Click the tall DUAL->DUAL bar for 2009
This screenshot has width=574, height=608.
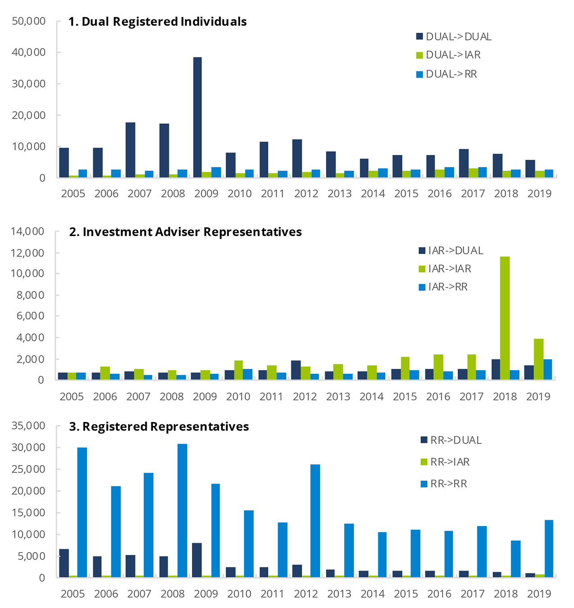pyautogui.click(x=197, y=117)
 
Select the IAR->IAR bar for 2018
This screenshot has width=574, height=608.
pyautogui.click(x=505, y=318)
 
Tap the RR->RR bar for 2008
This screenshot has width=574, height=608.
pyautogui.click(x=182, y=510)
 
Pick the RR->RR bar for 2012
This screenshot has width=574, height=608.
pyautogui.click(x=315, y=521)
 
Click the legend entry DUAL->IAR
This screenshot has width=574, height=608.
pyautogui.click(x=453, y=55)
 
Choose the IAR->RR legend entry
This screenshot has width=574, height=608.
pyautogui.click(x=447, y=287)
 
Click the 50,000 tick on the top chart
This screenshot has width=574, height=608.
pyautogui.click(x=29, y=21)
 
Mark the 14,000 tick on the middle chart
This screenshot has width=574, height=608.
pyautogui.click(x=28, y=231)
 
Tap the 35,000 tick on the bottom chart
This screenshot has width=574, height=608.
pyautogui.click(x=29, y=426)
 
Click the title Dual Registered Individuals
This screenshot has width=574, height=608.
pyautogui.click(x=158, y=22)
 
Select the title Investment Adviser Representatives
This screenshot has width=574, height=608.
pyautogui.click(x=185, y=232)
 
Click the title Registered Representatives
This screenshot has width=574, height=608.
pyautogui.click(x=159, y=427)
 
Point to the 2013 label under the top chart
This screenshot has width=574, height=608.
pyautogui.click(x=339, y=194)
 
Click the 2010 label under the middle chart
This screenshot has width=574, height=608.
pyautogui.click(x=238, y=397)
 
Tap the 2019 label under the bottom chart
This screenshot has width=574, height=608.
pyautogui.click(x=539, y=594)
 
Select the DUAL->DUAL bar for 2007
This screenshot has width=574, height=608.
pyautogui.click(x=131, y=150)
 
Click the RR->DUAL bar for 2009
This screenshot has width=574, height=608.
pyautogui.click(x=197, y=560)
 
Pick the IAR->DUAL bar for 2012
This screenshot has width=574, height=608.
pyautogui.click(x=296, y=370)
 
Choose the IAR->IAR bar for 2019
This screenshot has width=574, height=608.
pyautogui.click(x=538, y=359)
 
